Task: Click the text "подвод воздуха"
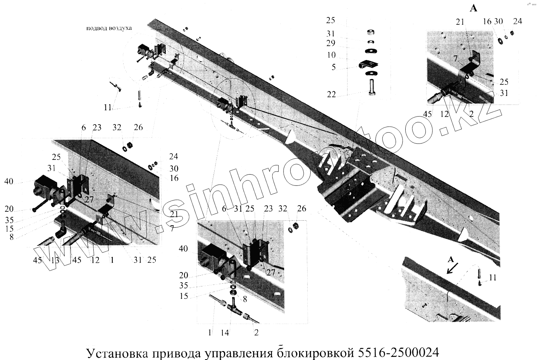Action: (x=109, y=28)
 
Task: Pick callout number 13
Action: (x=55, y=261)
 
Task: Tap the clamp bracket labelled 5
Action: (x=370, y=63)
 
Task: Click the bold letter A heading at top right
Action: (x=473, y=8)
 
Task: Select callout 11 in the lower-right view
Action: (x=492, y=278)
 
